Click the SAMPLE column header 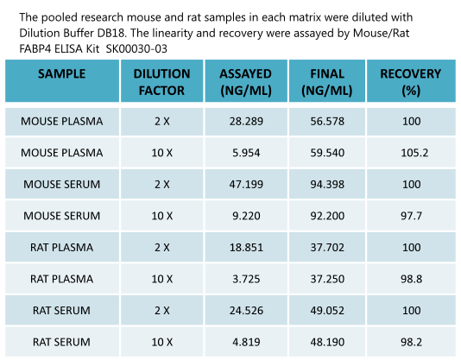point(62,73)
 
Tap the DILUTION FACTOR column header point(162,81)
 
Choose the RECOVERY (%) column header point(411,81)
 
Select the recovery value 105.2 point(411,153)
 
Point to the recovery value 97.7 point(411,215)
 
